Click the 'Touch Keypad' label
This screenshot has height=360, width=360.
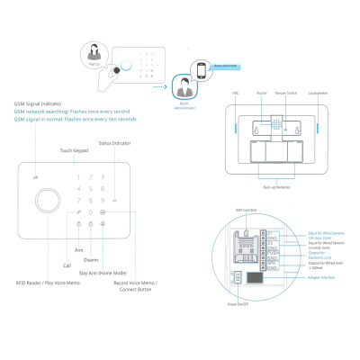click(x=73, y=150)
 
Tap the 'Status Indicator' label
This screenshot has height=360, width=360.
click(x=116, y=142)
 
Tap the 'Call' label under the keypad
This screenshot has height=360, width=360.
click(x=66, y=265)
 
